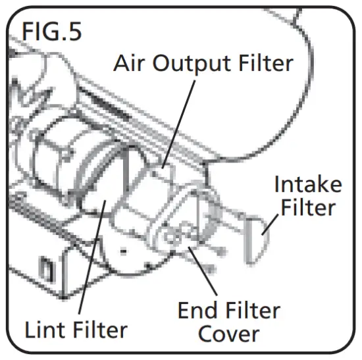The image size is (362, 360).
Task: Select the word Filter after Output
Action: pos(263,64)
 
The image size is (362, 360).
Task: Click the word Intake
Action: pos(308,184)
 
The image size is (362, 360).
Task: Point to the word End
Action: pos(199,311)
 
